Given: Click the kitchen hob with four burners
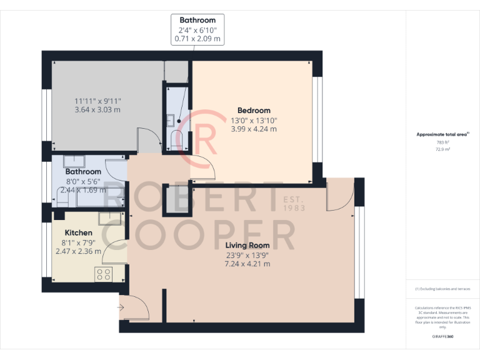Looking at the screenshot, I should coord(104,274).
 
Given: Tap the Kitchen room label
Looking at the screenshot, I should coord(79,232).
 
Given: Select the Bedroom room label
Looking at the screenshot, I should coord(254,111).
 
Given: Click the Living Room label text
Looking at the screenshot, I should coord(248,245).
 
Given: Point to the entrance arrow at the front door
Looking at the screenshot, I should coord(120,307).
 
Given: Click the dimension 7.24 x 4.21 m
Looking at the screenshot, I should coord(248,264).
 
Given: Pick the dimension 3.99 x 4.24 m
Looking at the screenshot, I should coord(254,129).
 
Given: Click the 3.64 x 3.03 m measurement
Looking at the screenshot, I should coord(97,110).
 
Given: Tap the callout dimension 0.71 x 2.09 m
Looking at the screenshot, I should coord(197,39).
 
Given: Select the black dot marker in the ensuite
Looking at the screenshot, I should coord(179,121).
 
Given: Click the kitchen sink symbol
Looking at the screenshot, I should coord(110,219).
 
